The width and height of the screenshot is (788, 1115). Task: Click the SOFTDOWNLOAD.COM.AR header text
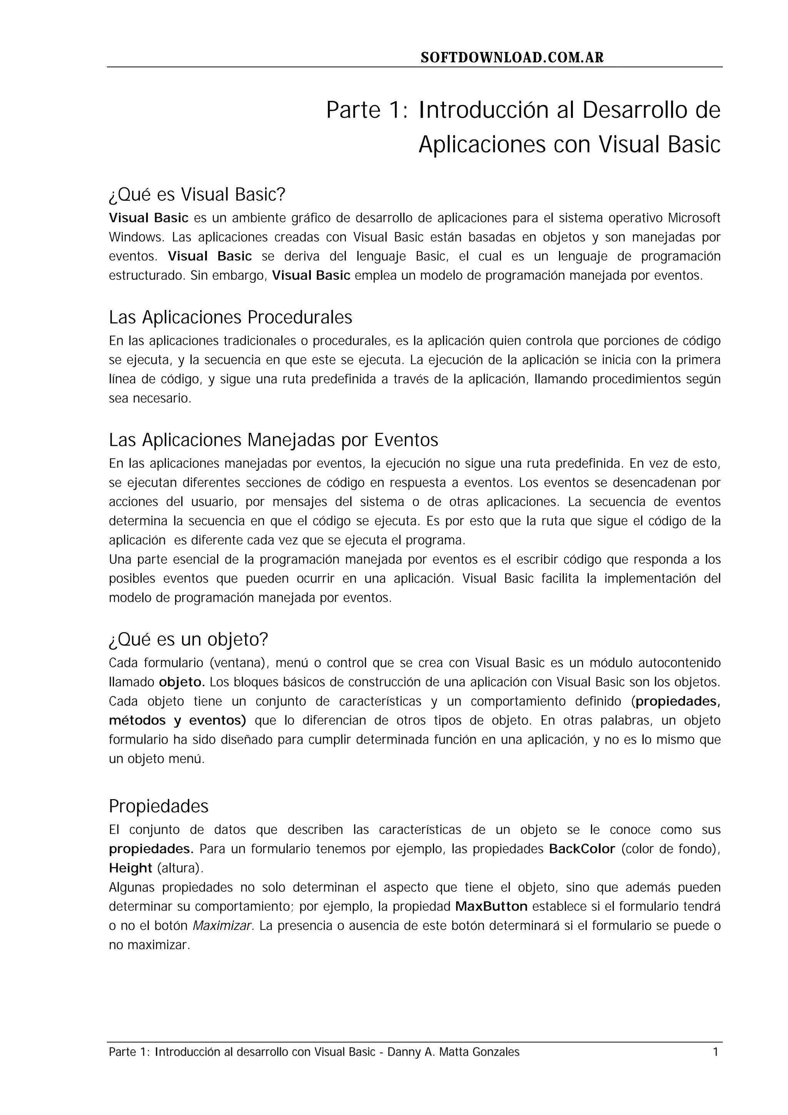click(512, 58)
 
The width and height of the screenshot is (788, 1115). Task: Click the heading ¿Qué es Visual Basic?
click(197, 195)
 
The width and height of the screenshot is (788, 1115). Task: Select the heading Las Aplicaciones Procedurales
click(230, 317)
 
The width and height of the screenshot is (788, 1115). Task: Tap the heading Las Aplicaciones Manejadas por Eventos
click(273, 441)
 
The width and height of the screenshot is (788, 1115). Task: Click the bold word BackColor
click(582, 849)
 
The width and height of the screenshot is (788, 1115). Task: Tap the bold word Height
click(130, 868)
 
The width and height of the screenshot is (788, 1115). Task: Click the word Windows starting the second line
click(137, 237)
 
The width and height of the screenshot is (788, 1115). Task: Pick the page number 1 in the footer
click(715, 1052)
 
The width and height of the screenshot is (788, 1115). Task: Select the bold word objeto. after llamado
click(182, 682)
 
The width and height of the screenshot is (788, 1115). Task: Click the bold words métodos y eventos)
click(177, 721)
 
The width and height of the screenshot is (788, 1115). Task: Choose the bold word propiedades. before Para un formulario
click(151, 849)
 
